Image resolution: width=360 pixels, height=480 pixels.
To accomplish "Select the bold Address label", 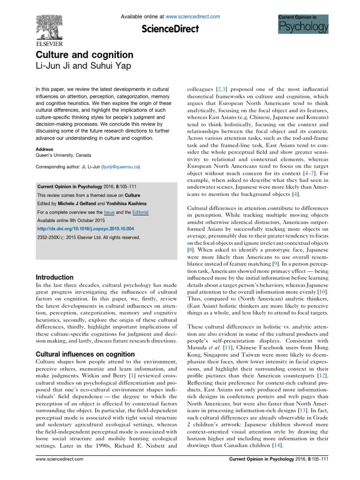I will [x=45, y=149].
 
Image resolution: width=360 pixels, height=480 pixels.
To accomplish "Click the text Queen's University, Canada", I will [x=63, y=155].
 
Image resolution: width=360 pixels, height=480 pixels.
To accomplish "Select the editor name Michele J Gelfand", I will [x=80, y=203].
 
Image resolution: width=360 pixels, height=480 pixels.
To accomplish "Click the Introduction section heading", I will [x=54, y=277].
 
